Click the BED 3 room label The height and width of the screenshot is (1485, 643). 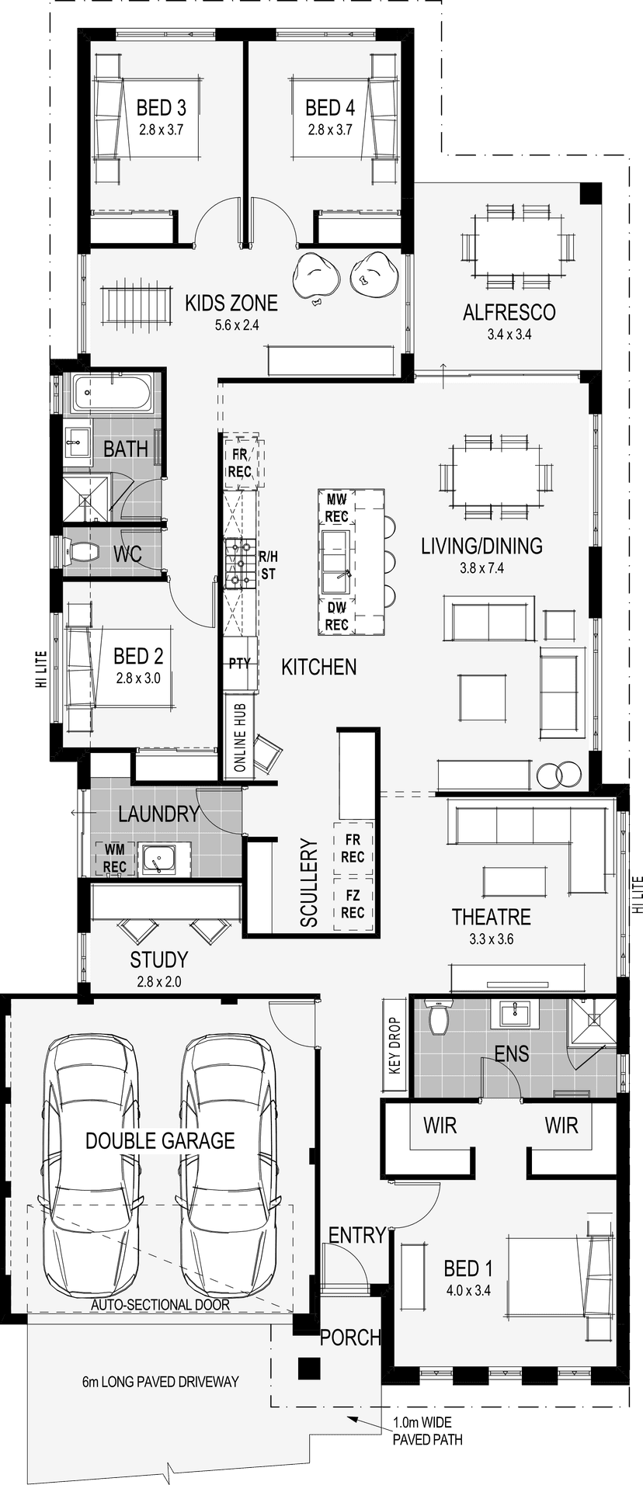[x=161, y=108]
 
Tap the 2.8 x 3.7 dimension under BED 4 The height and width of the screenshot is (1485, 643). [x=329, y=130]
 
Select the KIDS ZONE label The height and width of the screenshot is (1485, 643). [x=231, y=302]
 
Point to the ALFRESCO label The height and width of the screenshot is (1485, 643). [x=509, y=312]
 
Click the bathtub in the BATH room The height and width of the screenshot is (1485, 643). [x=112, y=394]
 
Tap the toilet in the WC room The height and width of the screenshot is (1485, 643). [x=80, y=553]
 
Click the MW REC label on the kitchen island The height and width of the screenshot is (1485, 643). [x=336, y=508]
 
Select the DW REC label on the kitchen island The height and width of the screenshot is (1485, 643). [x=336, y=616]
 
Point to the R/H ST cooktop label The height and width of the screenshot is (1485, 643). [x=268, y=565]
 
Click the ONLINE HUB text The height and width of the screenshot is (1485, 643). [x=240, y=737]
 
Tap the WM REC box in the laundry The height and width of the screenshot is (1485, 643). [x=114, y=859]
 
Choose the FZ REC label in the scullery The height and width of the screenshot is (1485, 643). [x=353, y=904]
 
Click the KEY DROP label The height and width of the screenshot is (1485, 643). [x=395, y=1046]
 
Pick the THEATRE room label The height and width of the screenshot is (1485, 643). [x=492, y=917]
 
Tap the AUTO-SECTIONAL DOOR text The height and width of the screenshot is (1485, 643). [x=160, y=1305]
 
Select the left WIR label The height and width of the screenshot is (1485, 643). [x=440, y=1125]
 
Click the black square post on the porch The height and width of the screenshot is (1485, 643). [x=309, y=1367]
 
